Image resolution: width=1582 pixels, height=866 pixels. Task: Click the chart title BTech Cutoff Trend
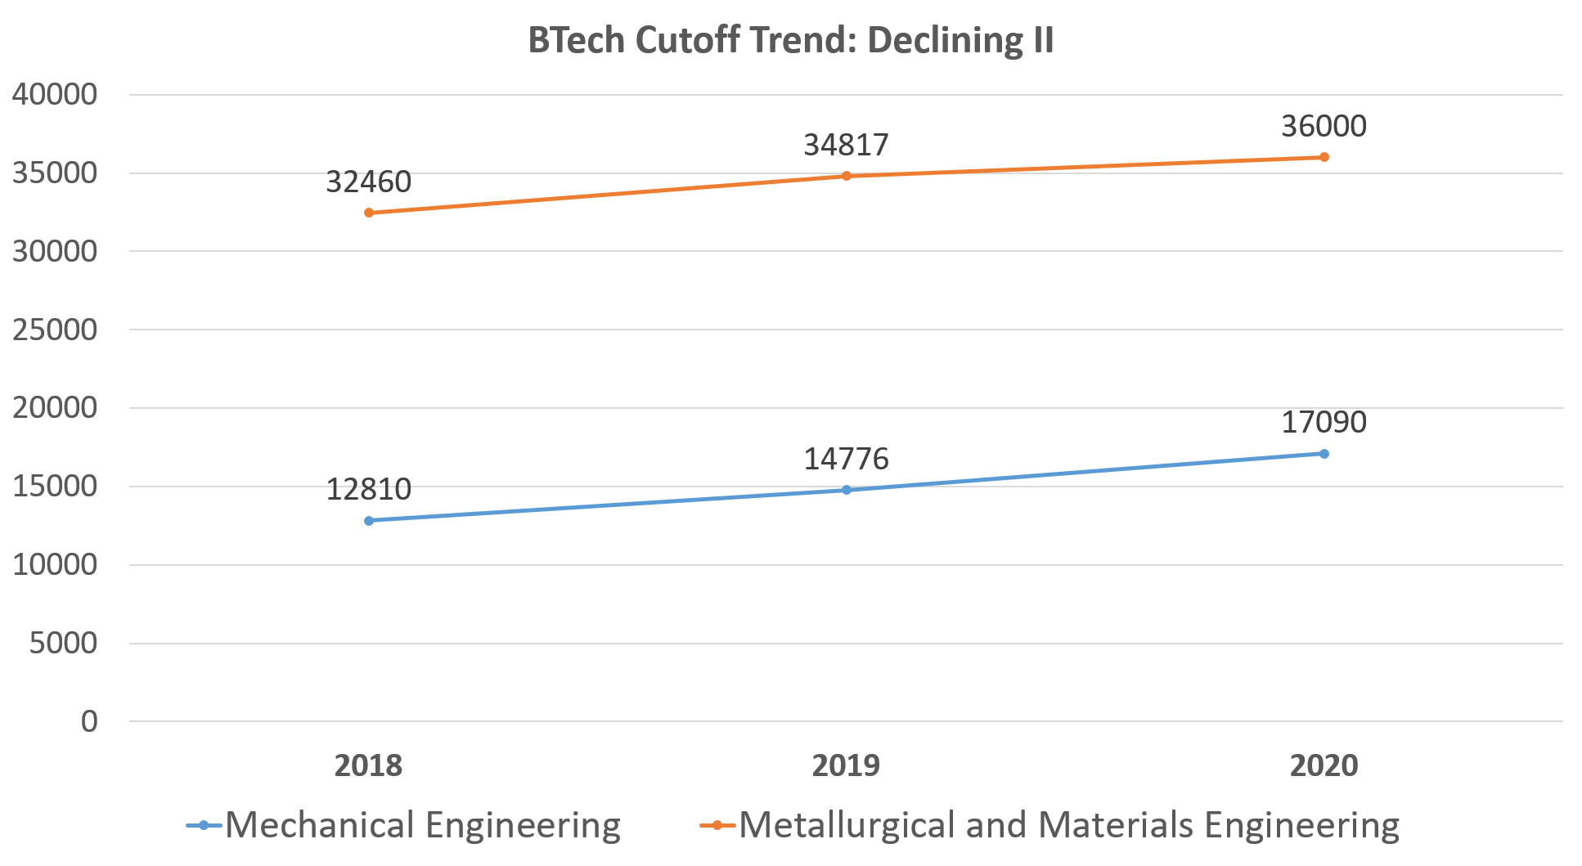(x=790, y=40)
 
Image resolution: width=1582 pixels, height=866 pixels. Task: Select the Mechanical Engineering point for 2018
(x=369, y=520)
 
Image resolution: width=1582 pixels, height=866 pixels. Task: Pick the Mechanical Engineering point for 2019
(x=847, y=490)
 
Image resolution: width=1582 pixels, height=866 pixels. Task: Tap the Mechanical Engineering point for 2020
(x=1324, y=454)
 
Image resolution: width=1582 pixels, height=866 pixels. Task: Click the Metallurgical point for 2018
(x=369, y=213)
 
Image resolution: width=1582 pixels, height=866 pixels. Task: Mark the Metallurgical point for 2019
(x=847, y=176)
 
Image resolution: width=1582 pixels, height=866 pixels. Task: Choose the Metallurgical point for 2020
(x=1324, y=157)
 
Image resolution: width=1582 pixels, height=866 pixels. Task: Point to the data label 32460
(x=368, y=182)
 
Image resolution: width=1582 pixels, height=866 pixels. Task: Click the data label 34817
(x=846, y=145)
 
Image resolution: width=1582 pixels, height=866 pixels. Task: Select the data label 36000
(x=1324, y=126)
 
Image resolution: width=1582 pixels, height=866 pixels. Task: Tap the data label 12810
(x=368, y=489)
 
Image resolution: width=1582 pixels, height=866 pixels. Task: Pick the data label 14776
(x=846, y=459)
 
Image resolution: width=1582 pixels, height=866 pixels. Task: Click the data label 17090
(x=1324, y=422)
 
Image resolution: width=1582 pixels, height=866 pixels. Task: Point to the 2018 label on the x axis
(x=369, y=765)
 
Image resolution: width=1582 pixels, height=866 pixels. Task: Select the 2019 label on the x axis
(x=847, y=765)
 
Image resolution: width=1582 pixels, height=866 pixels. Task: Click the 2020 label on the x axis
(x=1324, y=765)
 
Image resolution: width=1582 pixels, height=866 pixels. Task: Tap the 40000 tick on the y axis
(x=55, y=94)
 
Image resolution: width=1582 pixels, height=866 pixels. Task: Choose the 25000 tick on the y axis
(x=55, y=330)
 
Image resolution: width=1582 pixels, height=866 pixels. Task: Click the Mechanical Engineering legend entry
(x=404, y=825)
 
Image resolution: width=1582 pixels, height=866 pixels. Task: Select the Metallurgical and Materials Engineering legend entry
(x=1050, y=825)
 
